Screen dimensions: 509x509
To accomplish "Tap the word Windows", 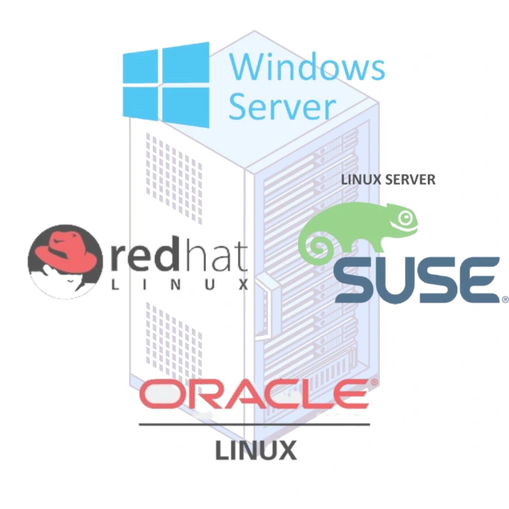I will [306, 67].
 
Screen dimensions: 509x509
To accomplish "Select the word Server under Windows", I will [282, 106].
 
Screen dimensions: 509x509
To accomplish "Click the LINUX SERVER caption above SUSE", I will [388, 179].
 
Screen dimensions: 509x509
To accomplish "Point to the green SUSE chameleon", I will [359, 230].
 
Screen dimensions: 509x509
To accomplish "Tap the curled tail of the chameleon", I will [315, 244].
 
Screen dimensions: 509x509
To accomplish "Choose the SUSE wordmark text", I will [415, 279].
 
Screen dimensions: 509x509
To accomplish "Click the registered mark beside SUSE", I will [505, 300].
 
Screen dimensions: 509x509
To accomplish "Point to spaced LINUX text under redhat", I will [179, 284].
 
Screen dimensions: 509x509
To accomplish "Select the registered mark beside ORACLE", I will [373, 383].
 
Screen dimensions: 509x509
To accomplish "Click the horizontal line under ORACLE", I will [254, 424].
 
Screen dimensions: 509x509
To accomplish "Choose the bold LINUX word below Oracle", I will [255, 449].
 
